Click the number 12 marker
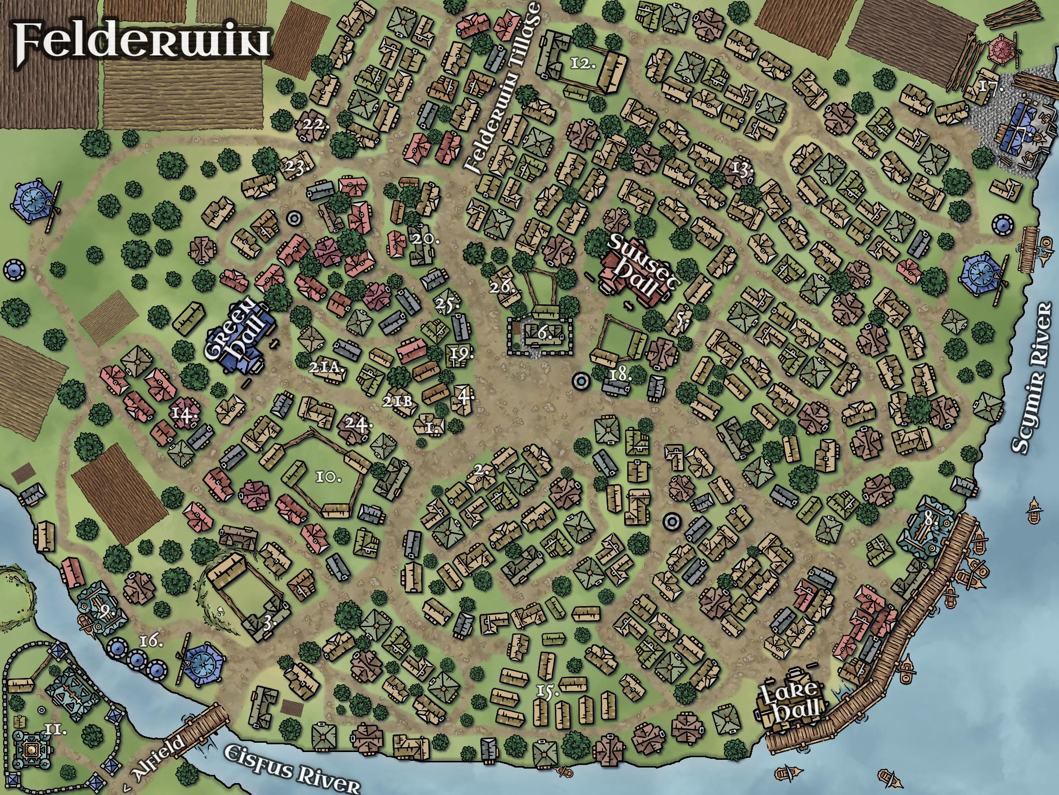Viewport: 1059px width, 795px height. tap(583, 64)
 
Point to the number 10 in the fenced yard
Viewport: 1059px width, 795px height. tap(328, 477)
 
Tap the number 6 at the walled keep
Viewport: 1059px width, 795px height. tap(544, 334)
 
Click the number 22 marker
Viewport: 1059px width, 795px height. tap(316, 125)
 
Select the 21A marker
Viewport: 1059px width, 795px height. tap(326, 368)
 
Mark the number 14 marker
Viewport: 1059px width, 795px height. tap(185, 415)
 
